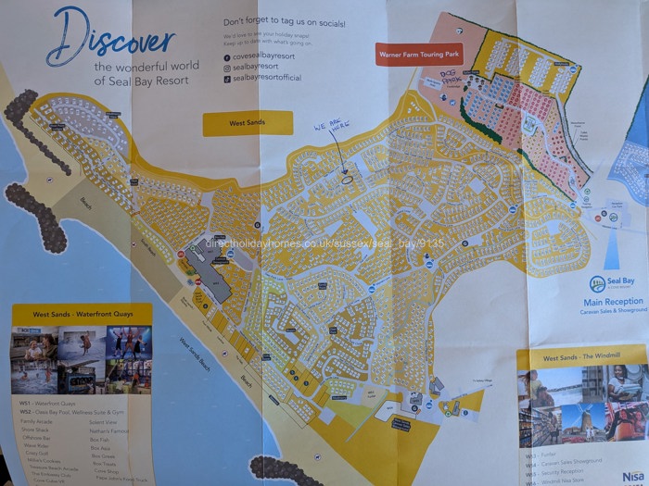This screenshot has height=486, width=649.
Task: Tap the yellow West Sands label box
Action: click(x=247, y=123)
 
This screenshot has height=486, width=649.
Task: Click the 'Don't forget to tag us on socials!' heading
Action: click(x=278, y=19)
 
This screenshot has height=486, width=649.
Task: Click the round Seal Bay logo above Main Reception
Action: click(x=598, y=282)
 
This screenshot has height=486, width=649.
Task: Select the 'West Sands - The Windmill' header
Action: click(x=569, y=357)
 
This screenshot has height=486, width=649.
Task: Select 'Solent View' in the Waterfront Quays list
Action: click(x=103, y=421)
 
